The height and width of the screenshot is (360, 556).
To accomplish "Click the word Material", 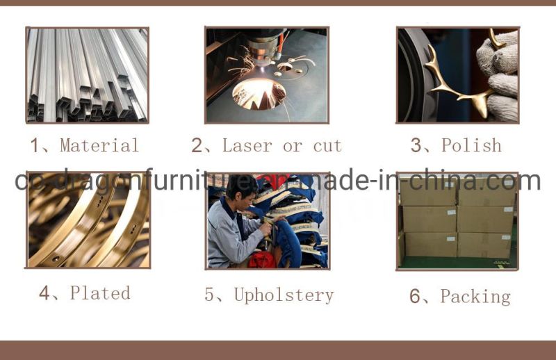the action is coord(99,145).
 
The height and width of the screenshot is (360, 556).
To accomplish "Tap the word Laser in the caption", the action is coord(247,145).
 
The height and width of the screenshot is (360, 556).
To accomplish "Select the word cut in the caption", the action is coord(327,146).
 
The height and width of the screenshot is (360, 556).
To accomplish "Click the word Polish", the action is coord(471,145).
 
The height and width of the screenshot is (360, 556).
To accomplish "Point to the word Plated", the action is coord(100,293).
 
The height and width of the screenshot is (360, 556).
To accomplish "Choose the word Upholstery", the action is coord(284,295).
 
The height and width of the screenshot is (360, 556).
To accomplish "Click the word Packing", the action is coord(475,297).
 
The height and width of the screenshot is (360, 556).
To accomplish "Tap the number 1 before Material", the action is coord(34,145).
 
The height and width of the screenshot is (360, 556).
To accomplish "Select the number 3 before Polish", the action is coord(416,145).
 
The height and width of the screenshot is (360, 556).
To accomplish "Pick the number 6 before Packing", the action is coord(415,296).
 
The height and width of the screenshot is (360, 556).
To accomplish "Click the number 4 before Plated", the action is coord(44,293).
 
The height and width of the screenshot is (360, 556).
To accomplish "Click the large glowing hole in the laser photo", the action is coord(259,94).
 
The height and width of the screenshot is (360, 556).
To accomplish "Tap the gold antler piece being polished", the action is coord(461,78).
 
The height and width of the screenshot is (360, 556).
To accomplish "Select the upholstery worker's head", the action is coord(242,193).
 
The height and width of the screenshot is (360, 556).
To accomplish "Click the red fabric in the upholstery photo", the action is coord(263,259).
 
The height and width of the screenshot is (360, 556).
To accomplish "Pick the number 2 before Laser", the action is coord(197,145).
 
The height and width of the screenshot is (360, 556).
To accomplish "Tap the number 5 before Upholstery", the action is coord(209,295).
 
